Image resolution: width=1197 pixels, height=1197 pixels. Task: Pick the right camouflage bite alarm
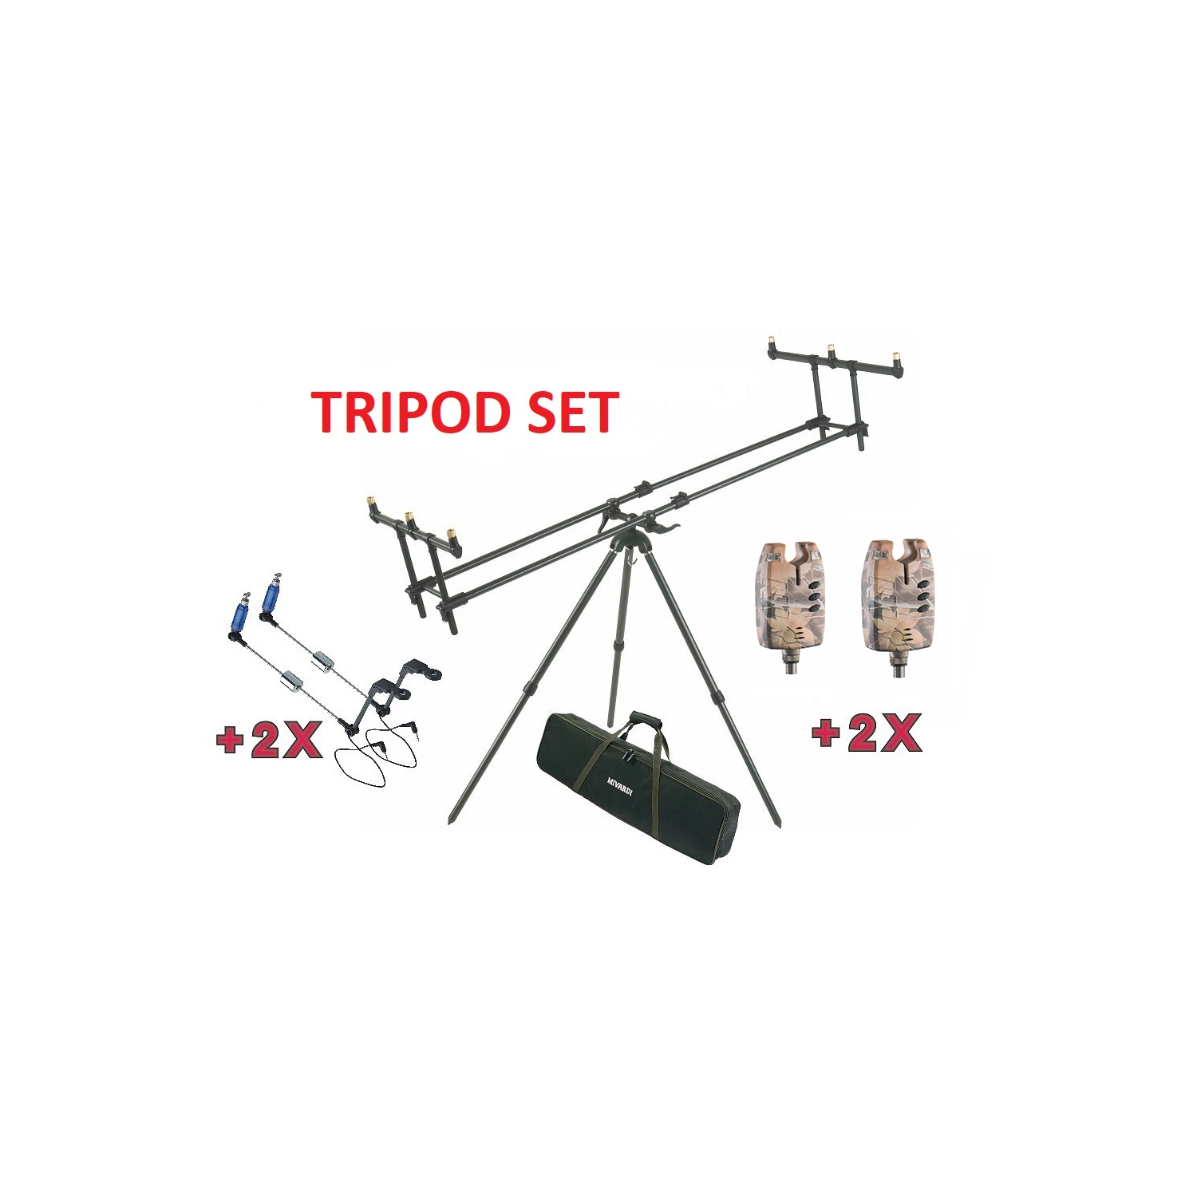pyautogui.click(x=897, y=606)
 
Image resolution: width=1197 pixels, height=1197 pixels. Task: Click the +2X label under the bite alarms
pyautogui.click(x=866, y=733)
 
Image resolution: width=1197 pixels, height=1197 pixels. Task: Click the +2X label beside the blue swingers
pyautogui.click(x=269, y=740)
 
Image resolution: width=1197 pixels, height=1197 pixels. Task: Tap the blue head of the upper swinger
pyautogui.click(x=271, y=596)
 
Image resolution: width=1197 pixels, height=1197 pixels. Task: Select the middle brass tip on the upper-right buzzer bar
pyautogui.click(x=831, y=350)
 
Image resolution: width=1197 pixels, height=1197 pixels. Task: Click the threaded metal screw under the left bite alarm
pyautogui.click(x=791, y=664)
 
